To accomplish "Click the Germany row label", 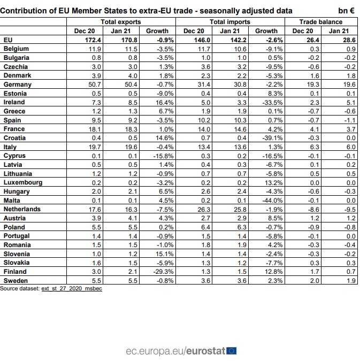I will [18, 85].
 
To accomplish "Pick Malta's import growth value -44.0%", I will [267, 201].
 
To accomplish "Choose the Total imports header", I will [229, 22].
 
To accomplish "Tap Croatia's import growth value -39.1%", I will [267, 138].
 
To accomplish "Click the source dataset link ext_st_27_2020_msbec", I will [71, 288].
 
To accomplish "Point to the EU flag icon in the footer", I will [232, 351].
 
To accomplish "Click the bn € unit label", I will [346, 10].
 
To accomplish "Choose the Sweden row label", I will [17, 281].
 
